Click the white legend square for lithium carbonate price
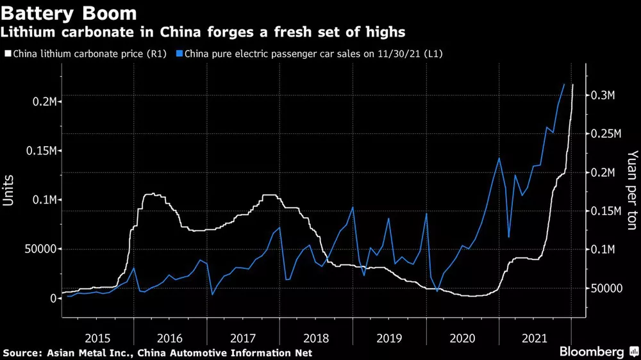coord(8,54)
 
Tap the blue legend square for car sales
coord(180,54)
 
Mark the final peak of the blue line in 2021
coord(564,84)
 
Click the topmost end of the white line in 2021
coord(572,85)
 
